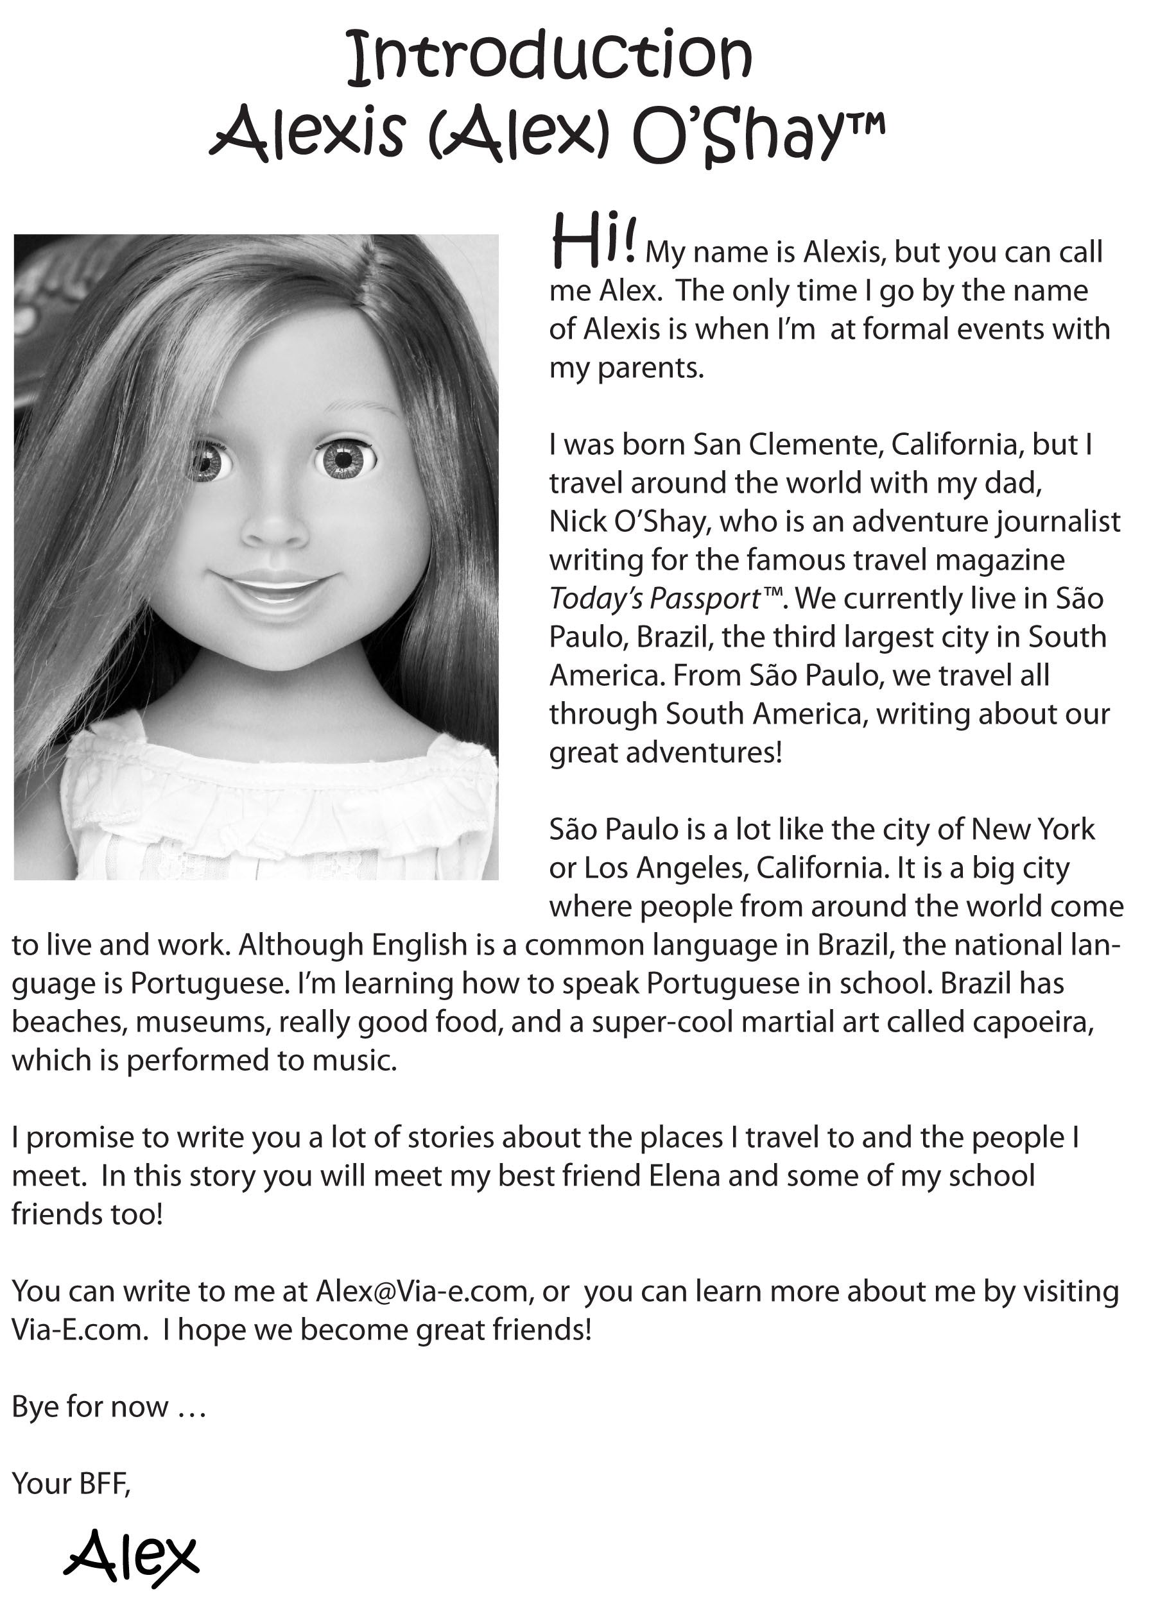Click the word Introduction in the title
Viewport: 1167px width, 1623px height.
[x=549, y=56]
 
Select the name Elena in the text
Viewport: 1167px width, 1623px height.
[x=684, y=1176]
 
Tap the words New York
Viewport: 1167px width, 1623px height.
[x=1032, y=829]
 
